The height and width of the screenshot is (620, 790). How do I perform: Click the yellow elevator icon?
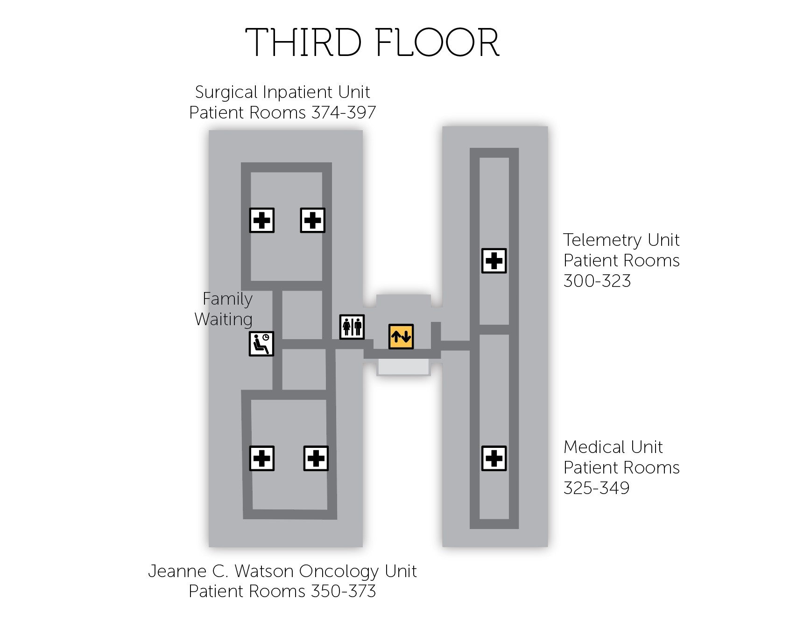tap(401, 336)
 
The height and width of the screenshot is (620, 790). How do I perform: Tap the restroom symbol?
tap(352, 327)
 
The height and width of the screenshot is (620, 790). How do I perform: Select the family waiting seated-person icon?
tap(261, 344)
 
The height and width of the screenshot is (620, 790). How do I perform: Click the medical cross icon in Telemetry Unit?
tap(494, 260)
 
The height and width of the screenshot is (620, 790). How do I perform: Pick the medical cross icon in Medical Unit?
tap(494, 458)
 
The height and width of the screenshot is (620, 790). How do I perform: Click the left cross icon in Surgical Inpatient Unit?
tap(262, 220)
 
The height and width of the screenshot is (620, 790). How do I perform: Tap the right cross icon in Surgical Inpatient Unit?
tap(312, 220)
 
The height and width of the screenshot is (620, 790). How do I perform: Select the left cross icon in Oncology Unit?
tap(262, 458)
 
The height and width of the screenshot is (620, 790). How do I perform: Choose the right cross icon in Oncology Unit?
tap(316, 458)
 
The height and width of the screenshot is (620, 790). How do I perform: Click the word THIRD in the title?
tap(303, 43)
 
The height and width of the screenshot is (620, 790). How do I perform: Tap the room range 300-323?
tap(597, 281)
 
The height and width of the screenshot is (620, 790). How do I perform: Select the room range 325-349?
tap(596, 488)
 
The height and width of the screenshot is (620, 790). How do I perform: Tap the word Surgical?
tap(227, 92)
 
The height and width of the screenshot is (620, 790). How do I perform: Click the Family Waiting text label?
tap(225, 309)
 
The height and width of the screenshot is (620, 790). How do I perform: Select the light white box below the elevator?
tap(403, 367)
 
